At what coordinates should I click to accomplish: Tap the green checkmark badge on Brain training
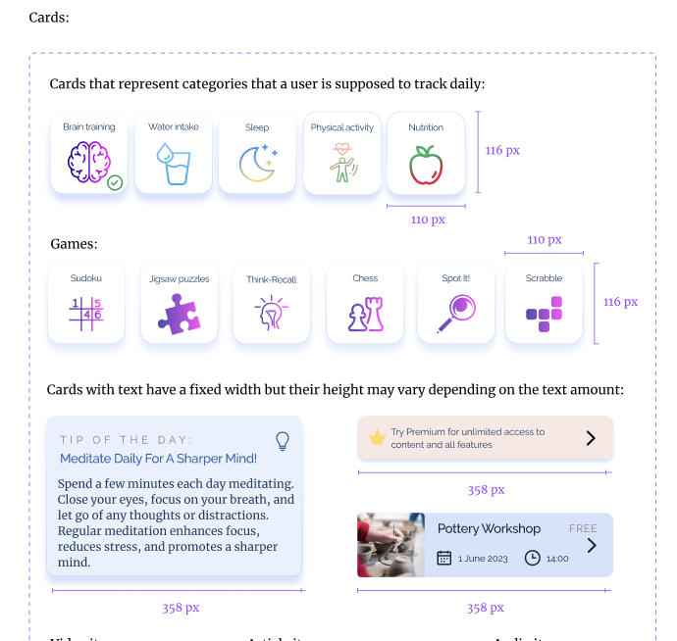(115, 182)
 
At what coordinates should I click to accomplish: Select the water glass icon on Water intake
(174, 164)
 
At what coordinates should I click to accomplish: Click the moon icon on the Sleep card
(257, 163)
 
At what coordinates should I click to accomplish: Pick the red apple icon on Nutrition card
(426, 164)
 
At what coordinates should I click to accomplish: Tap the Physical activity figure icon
(341, 163)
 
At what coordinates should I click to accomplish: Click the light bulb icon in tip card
(283, 440)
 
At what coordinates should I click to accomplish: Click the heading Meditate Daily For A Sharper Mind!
(158, 458)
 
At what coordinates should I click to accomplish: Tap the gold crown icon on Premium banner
(376, 438)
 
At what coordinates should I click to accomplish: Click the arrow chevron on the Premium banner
(591, 438)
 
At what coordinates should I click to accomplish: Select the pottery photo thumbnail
(391, 544)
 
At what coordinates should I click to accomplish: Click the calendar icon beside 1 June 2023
(444, 558)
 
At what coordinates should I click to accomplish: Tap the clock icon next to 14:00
(533, 558)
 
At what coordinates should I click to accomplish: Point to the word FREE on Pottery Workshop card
(583, 528)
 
